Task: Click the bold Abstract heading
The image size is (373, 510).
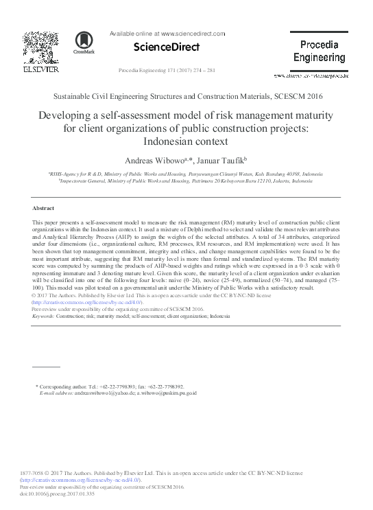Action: point(43,208)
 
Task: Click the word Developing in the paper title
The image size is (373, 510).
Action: point(69,115)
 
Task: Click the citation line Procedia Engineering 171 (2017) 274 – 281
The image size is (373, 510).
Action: point(167,71)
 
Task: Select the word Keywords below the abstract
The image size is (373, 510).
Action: point(45,316)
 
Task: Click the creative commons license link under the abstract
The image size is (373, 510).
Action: point(87,302)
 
